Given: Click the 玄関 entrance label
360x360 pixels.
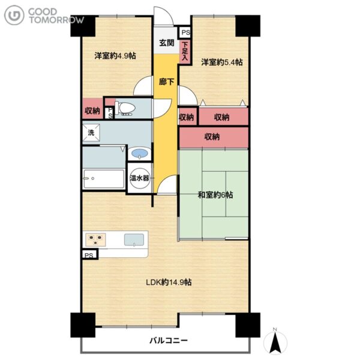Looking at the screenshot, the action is (x=167, y=43).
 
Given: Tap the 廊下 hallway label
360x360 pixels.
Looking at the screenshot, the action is (x=166, y=82).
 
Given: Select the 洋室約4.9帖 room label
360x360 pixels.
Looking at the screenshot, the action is (x=115, y=56).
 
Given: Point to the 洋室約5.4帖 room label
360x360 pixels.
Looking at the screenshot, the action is (x=222, y=62).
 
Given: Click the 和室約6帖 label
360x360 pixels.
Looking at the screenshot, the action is (x=215, y=195).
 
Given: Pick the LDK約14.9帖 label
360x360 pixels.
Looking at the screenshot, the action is (x=169, y=282).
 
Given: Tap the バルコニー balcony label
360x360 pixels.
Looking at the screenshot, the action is (x=169, y=340).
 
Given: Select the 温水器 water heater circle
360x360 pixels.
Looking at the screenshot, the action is (x=140, y=178).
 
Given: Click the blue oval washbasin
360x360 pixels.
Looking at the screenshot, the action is (x=140, y=153).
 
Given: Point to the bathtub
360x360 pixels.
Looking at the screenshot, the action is (x=104, y=179).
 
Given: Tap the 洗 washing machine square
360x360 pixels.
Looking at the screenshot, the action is (x=91, y=133).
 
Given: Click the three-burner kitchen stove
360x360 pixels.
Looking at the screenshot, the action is (x=95, y=239).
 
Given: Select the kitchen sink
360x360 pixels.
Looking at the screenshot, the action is (x=134, y=239).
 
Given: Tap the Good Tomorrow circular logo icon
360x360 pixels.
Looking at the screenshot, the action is (x=14, y=15).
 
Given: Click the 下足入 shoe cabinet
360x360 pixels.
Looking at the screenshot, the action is (x=185, y=52).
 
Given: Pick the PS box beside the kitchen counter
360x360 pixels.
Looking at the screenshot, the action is (x=89, y=254).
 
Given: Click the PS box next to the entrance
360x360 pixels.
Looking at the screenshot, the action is (x=185, y=32).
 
